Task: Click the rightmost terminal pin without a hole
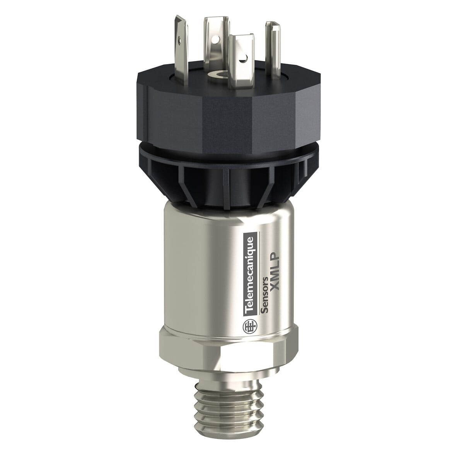coord(271,43)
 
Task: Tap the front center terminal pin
coord(239,58)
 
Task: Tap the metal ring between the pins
coord(224,73)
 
